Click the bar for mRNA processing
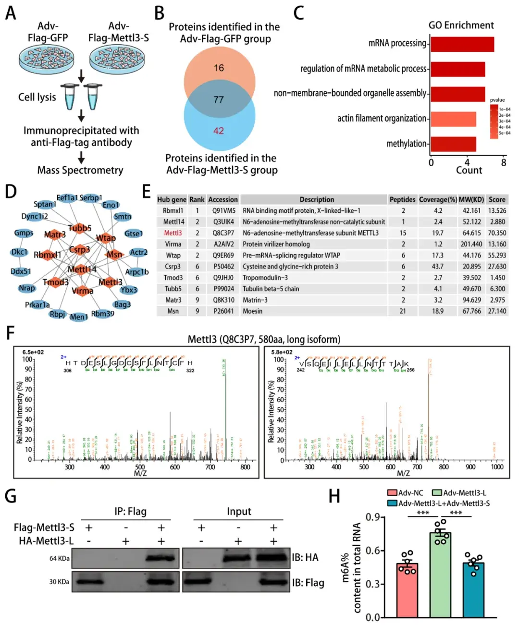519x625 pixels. click(462, 44)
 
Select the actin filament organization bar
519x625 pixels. click(453, 119)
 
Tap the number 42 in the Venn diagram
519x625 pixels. click(219, 131)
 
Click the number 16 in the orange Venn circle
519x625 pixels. click(219, 68)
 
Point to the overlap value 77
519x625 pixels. click(219, 99)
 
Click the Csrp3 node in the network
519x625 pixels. click(80, 249)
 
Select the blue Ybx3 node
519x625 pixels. click(129, 290)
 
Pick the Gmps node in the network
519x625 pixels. click(24, 233)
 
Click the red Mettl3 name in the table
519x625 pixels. click(173, 233)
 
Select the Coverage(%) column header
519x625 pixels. click(438, 199)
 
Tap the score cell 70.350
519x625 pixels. click(497, 233)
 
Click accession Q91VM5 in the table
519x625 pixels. click(224, 211)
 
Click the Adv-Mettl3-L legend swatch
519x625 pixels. click(437, 493)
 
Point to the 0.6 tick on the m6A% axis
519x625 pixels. click(373, 551)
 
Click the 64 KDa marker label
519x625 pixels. click(60, 558)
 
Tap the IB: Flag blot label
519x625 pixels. click(308, 583)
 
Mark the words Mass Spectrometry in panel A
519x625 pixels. click(80, 170)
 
